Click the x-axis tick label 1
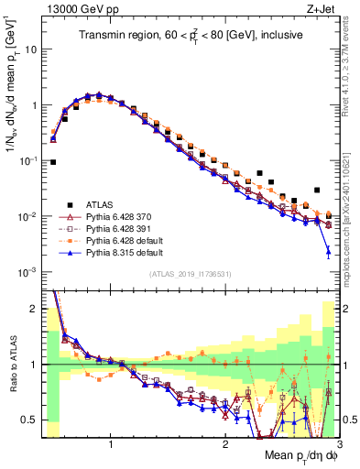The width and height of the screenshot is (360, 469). click(111, 444)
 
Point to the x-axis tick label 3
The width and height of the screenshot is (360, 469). click(338, 444)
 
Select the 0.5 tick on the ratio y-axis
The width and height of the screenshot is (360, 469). click(30, 420)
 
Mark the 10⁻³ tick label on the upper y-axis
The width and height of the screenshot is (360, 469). click(27, 272)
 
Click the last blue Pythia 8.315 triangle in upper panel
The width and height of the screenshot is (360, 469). click(328, 250)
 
